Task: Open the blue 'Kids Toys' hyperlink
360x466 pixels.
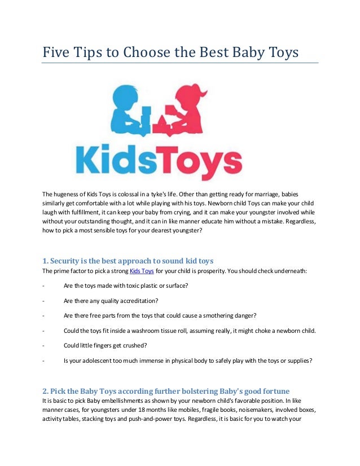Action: [x=142, y=271]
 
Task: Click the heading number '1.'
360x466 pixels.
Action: [x=45, y=261]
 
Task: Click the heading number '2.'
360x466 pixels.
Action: [x=45, y=390]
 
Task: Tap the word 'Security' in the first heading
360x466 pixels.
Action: [x=67, y=261]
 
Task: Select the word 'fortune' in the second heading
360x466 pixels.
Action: [x=271, y=390]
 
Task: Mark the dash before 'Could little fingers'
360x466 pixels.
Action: [x=44, y=345]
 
